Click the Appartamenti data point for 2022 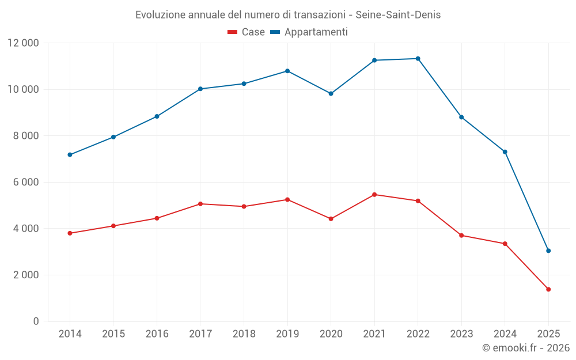tap(418, 59)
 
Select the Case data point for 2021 tap(374, 195)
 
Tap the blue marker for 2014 tap(70, 154)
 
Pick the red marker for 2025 tap(548, 289)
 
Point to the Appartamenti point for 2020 tap(331, 93)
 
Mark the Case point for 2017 tap(200, 204)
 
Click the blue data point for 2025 tap(548, 251)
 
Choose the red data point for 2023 tap(461, 236)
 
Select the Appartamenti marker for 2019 tap(287, 71)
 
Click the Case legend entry tap(247, 32)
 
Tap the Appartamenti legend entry tap(309, 32)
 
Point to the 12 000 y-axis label tap(23, 43)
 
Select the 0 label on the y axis tap(36, 321)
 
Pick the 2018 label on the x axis tap(244, 334)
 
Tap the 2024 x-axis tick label tap(505, 334)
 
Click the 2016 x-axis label tap(157, 334)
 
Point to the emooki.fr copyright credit tap(525, 348)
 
